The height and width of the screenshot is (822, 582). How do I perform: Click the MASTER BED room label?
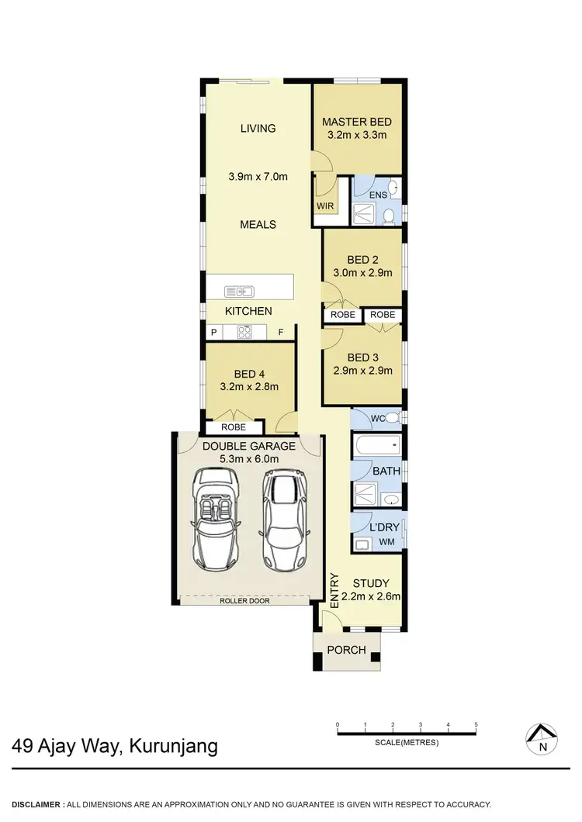[357, 122]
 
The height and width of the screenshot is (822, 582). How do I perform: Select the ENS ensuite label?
[378, 195]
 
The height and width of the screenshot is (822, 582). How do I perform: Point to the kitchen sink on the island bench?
[240, 292]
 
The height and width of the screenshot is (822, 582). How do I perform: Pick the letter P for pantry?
[213, 332]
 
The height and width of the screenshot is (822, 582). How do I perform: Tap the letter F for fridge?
[282, 332]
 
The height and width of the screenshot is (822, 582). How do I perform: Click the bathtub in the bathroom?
[376, 446]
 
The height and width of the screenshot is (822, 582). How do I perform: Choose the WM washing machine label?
[386, 542]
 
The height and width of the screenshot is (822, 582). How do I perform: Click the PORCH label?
[346, 650]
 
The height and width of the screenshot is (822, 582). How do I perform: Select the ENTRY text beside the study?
[335, 592]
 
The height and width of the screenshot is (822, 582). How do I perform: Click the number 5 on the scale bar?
[476, 725]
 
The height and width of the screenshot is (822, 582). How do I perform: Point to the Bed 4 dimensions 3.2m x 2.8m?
[249, 386]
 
